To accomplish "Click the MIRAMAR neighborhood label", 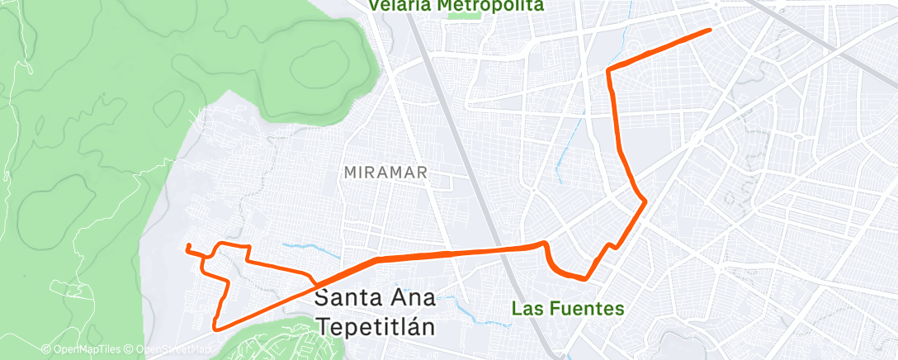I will click(x=385, y=173).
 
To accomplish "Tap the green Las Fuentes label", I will click(x=567, y=309).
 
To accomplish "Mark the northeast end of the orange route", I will click(x=710, y=31).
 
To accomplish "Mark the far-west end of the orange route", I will click(x=188, y=245).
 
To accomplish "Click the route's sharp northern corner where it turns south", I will click(x=609, y=70).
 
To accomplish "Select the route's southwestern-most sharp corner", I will click(x=216, y=328).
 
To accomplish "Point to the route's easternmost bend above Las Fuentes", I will click(x=643, y=201).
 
